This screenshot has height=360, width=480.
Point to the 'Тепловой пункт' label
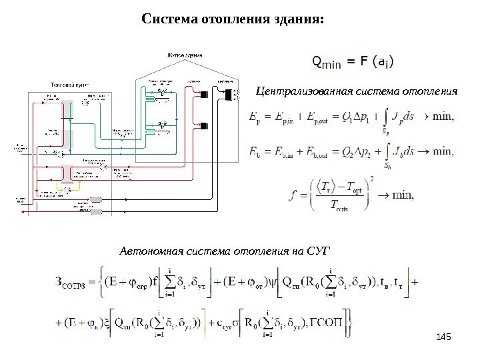(68, 85)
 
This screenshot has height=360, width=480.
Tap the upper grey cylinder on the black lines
(96, 201)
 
